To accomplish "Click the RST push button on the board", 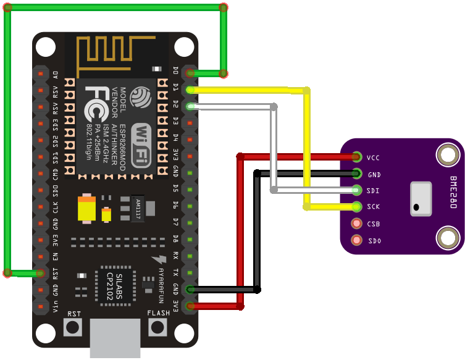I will tap(73, 327).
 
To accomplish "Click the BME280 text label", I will tap(453, 192).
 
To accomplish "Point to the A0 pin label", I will tap(56, 74).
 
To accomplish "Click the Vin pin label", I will tap(56, 306).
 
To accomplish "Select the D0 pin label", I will tap(175, 71).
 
